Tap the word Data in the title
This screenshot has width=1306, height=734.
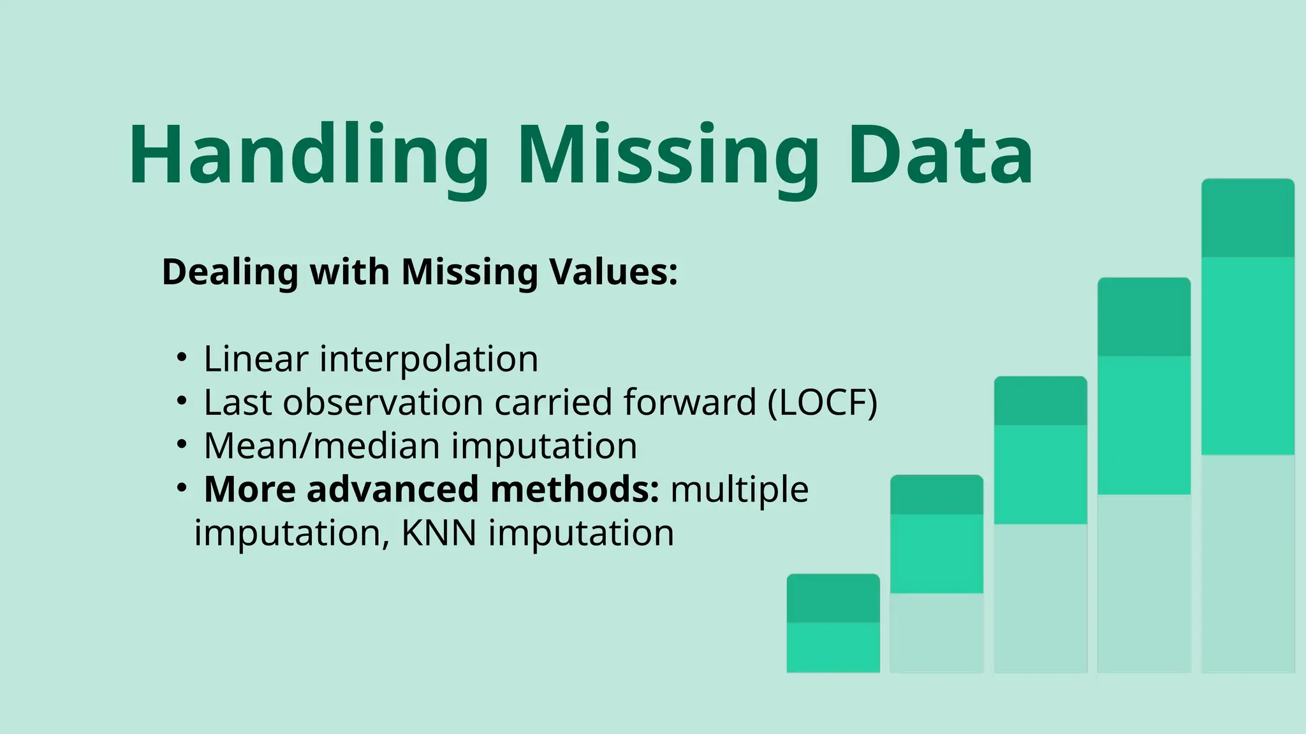940,156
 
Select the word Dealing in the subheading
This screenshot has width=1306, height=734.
230,272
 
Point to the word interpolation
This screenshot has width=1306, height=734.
429,359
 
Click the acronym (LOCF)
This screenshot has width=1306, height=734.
823,403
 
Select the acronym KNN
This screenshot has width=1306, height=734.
439,533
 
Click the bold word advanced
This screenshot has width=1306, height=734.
392,489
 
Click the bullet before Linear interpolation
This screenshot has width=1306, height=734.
182,357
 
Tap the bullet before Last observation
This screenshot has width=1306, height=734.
182,401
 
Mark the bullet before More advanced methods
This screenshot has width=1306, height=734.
182,487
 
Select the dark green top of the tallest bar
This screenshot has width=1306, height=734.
1248,218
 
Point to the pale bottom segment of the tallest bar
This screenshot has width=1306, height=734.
1248,563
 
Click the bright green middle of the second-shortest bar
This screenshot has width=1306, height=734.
937,553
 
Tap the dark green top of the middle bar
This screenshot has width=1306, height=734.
1040,401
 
